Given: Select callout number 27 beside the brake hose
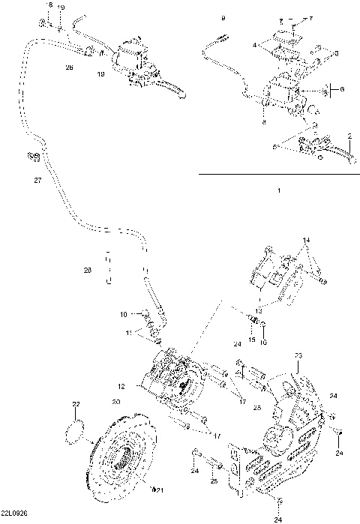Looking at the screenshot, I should coord(37,181).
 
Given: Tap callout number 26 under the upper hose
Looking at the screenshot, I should coord(70,67).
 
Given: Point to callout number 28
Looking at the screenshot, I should coord(88,269).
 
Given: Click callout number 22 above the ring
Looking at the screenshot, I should coord(76,405).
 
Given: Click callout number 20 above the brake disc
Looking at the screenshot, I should coord(116,402).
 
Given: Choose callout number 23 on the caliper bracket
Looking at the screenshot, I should coord(298,355).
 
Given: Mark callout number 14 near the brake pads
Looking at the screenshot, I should coord(306,240).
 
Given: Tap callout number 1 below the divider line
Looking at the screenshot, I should coord(278,191).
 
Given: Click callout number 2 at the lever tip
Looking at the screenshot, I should coord(349,135).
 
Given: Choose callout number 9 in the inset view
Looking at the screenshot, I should coord(222,16).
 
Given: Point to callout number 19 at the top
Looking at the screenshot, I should coord(61,7).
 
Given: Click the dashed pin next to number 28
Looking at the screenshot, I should coord(107,268).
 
